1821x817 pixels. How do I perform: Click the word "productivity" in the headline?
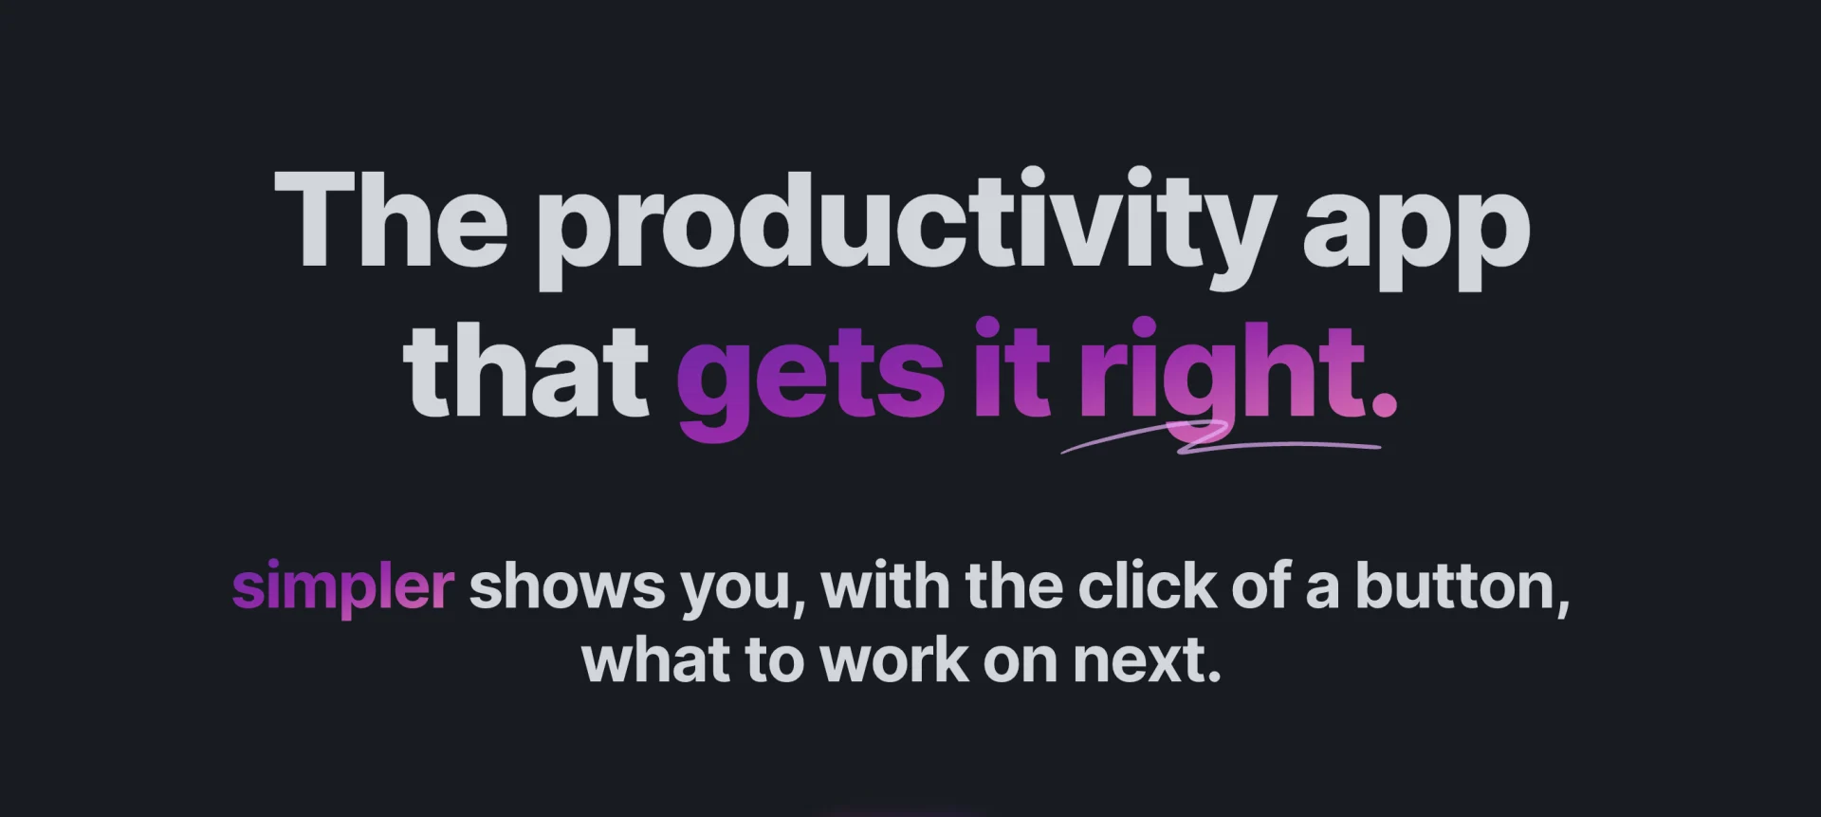tap(907, 228)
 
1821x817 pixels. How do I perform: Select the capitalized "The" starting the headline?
tap(391, 220)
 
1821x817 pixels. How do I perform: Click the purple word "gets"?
tap(811, 381)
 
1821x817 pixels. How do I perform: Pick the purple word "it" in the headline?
tap(1012, 367)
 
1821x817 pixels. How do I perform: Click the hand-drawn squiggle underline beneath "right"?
tap(1221, 440)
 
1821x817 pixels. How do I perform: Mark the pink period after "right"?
tap(1384, 404)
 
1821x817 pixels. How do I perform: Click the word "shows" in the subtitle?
tap(567, 587)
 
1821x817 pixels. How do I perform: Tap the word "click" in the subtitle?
tap(1147, 586)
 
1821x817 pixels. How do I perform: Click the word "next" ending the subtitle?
tap(1138, 662)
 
